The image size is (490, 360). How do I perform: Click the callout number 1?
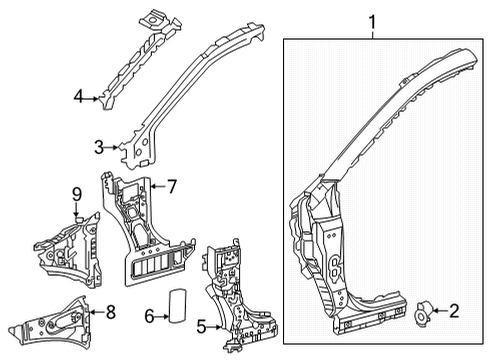(374, 20)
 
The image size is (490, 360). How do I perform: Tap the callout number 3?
(99, 148)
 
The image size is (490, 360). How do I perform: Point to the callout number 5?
(202, 325)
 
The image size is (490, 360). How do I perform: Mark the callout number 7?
(171, 185)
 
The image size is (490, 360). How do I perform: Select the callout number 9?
(75, 193)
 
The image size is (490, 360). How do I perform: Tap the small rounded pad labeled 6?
(178, 305)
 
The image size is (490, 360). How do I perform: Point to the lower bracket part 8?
(50, 320)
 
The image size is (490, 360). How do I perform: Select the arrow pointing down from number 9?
(75, 210)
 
